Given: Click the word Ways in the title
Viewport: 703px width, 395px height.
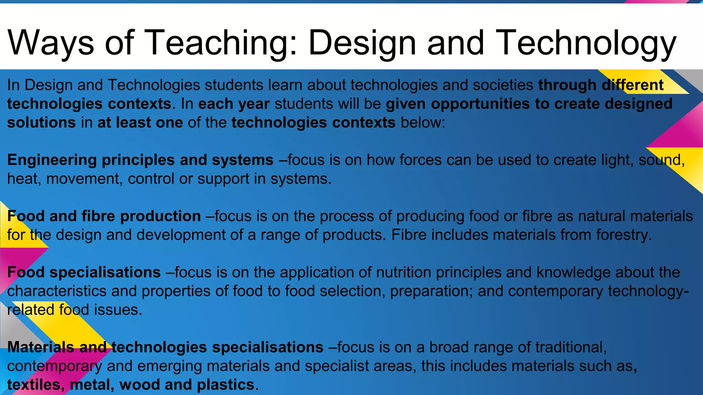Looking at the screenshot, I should (50, 43).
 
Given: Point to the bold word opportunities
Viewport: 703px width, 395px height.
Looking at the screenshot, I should (480, 104).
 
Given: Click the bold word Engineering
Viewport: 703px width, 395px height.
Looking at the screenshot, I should (52, 160).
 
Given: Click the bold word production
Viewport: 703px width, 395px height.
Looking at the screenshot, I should (160, 216).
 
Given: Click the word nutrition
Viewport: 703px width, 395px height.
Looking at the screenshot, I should (404, 272).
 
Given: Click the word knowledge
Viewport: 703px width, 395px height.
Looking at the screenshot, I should (573, 272).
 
